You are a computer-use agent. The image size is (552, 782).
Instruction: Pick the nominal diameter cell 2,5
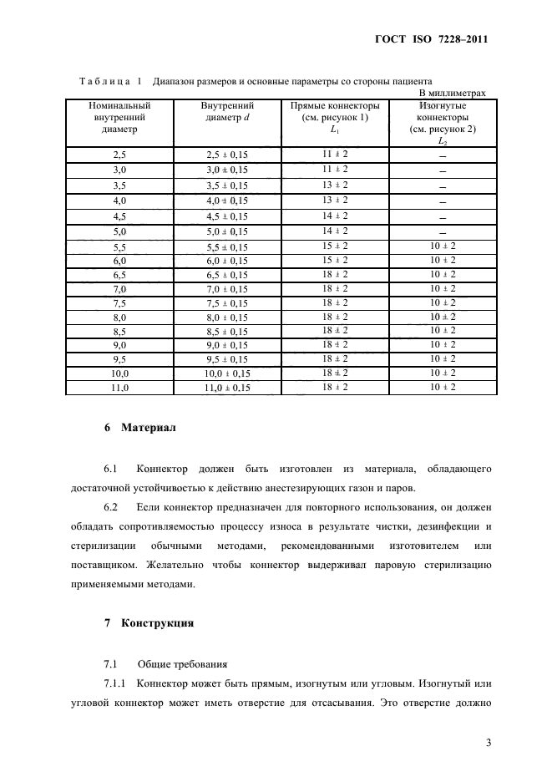[x=119, y=155]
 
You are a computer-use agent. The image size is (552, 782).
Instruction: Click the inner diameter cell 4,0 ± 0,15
[x=227, y=201]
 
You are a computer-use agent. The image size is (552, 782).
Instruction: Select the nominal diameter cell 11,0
[x=119, y=388]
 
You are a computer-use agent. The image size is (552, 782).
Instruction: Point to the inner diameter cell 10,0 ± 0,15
[x=227, y=373]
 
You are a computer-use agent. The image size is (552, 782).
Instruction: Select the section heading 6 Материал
[x=139, y=429]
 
